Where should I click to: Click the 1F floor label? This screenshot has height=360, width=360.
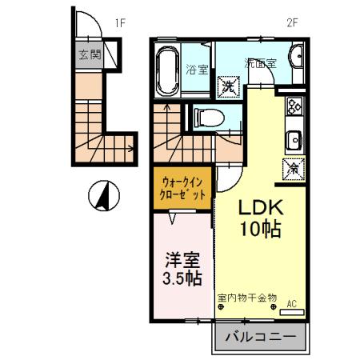point(120,23)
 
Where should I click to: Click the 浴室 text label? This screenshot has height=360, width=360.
point(195,69)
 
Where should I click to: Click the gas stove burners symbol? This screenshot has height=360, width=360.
point(294,105)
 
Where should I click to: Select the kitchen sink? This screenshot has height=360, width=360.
point(294,139)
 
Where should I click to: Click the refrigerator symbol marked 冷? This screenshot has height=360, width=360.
point(293,168)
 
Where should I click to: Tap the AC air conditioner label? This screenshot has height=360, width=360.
point(292,303)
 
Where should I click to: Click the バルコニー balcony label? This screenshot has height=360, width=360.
point(259,337)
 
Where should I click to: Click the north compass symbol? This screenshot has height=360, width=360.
point(105,194)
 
